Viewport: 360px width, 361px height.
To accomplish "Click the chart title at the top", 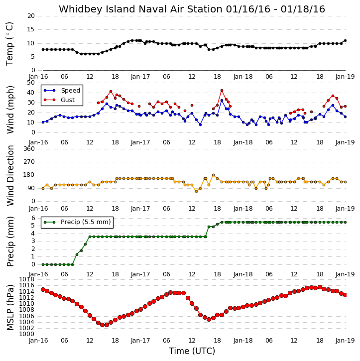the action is pyautogui.click(x=192, y=9).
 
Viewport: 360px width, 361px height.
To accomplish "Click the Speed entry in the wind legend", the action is pyautogui.click(x=62, y=91).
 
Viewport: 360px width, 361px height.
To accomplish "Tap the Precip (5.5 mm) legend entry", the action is pyautogui.click(x=77, y=222).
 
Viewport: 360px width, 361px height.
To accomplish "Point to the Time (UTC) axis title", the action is pyautogui.click(x=192, y=351).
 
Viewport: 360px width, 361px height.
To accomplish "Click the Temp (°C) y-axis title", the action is pyautogui.click(x=9, y=44).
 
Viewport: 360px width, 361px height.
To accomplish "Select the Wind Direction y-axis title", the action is pyautogui.click(x=10, y=175).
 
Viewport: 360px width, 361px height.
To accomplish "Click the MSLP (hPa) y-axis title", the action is pyautogui.click(x=10, y=307).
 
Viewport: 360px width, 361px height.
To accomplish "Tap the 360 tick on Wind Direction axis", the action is pyautogui.click(x=29, y=149).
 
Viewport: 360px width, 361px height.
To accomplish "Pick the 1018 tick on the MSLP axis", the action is pyautogui.click(x=27, y=279).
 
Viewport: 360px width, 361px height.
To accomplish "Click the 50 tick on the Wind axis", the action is pyautogui.click(x=31, y=83).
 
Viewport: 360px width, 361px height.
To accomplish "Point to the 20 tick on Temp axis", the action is pyautogui.click(x=31, y=16).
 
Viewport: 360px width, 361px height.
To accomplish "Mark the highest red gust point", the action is pyautogui.click(x=222, y=91).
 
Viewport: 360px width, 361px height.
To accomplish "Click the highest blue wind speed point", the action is pyautogui.click(x=222, y=101).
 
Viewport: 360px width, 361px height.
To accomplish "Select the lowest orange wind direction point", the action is pyautogui.click(x=196, y=191).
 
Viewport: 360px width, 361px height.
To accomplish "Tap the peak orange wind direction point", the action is pyautogui.click(x=214, y=175).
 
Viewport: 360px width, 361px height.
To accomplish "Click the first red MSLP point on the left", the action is pyautogui.click(x=43, y=289).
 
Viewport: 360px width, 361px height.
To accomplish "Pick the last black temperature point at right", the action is pyautogui.click(x=345, y=40).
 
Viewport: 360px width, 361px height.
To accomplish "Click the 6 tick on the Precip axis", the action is pyautogui.click(x=33, y=218).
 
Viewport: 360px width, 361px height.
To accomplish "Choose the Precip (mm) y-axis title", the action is pyautogui.click(x=10, y=241).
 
